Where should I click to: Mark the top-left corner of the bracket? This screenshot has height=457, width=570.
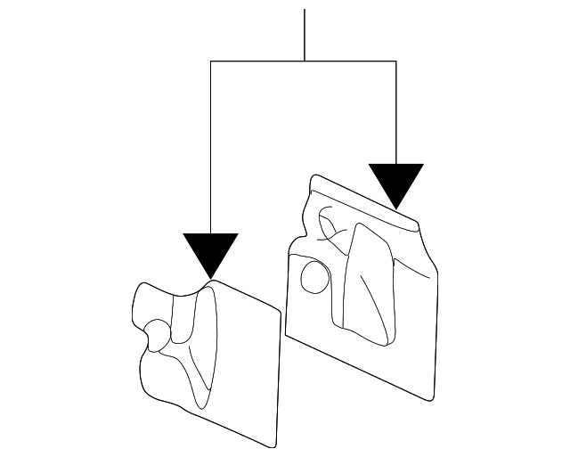[x=210, y=61]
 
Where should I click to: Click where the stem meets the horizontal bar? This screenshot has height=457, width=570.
[x=305, y=61]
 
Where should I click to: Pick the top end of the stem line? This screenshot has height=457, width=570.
[x=305, y=10]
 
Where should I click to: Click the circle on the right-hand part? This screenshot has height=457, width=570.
[x=313, y=275]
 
